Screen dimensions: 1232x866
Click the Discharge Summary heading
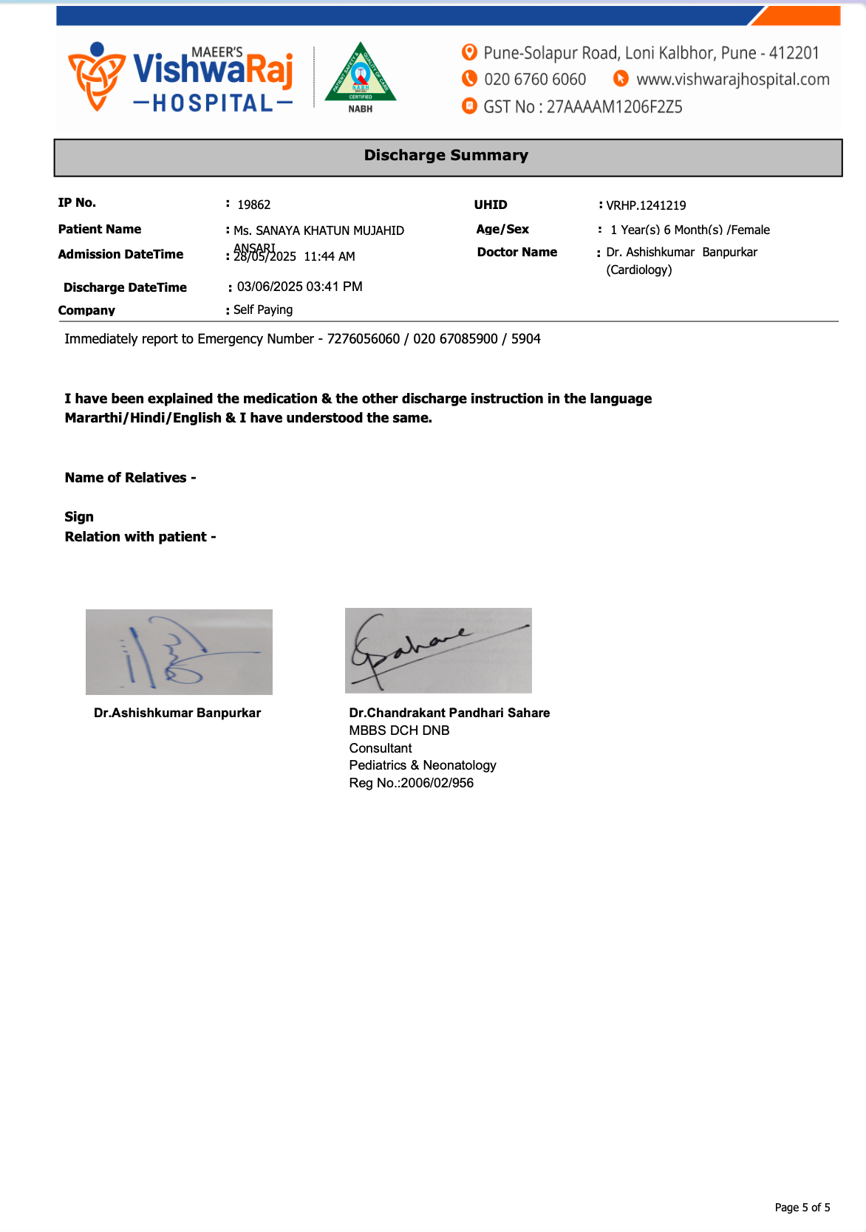pos(446,156)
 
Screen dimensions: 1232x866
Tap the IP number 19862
pos(253,205)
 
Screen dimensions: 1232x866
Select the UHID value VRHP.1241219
pos(646,206)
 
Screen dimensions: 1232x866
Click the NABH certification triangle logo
pos(361,75)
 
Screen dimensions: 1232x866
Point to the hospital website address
pos(732,80)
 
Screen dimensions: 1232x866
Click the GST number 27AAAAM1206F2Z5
pos(614,108)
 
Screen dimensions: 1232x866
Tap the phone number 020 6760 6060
pos(535,80)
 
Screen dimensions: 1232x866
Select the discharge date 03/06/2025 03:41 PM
pos(299,287)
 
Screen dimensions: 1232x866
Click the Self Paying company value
pos(263,310)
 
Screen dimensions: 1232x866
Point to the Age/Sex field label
pos(502,230)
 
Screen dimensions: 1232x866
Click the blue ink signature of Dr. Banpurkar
pos(179,652)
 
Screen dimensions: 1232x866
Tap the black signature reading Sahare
pos(437,650)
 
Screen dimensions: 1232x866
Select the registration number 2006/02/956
pos(437,783)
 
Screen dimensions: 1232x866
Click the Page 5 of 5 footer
pos(802,1208)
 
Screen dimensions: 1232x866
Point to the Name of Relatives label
pos(130,478)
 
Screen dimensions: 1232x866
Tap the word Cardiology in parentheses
pos(639,270)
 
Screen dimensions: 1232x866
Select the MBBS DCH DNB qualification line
pos(399,730)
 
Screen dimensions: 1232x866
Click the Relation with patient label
pos(140,537)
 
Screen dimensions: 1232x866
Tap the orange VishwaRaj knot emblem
pos(96,76)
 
